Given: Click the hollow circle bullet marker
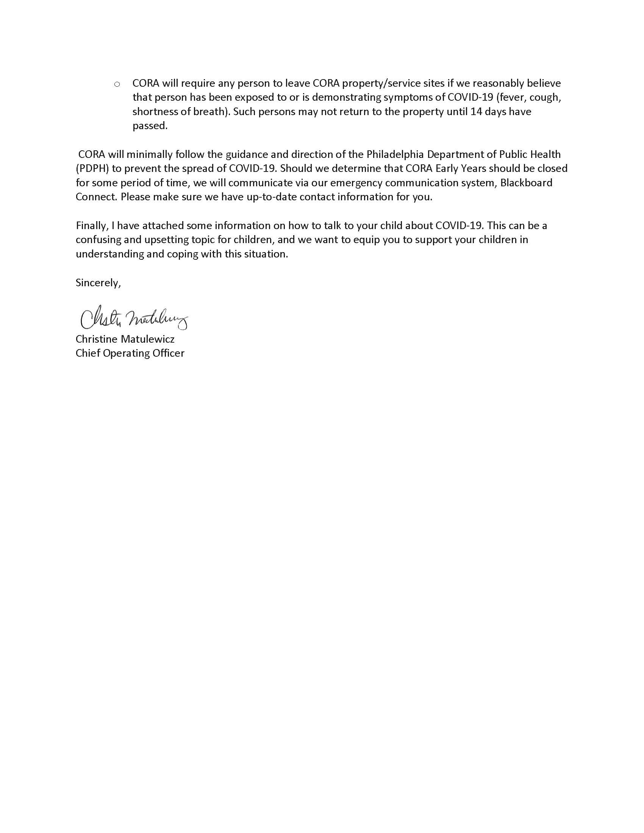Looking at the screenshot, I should pos(117,84).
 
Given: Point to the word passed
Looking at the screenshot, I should pos(150,126).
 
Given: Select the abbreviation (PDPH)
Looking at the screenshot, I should pos(92,168).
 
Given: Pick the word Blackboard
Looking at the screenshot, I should pos(526,183).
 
